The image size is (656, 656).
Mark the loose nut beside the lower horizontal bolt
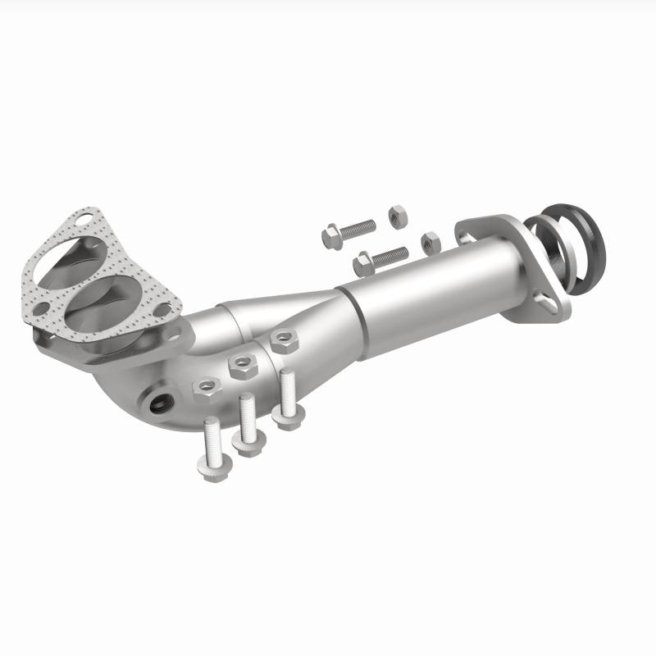pyautogui.click(x=429, y=243)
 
